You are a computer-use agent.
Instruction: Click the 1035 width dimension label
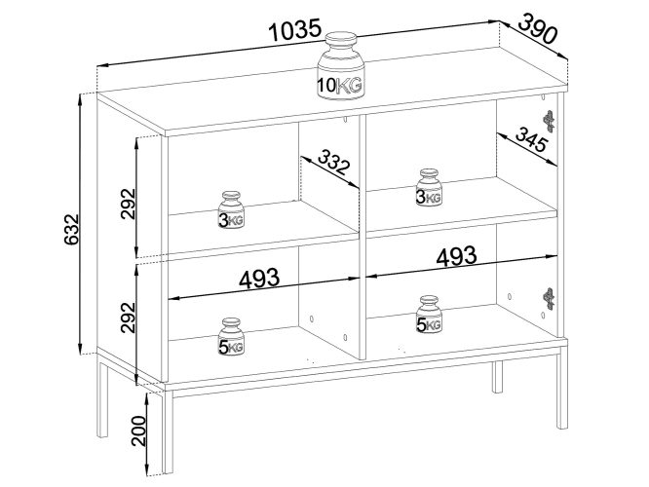pyautogui.click(x=294, y=30)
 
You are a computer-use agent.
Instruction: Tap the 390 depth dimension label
pyautogui.click(x=537, y=28)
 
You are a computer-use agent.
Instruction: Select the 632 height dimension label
pyautogui.click(x=71, y=230)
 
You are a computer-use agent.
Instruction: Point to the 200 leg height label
pyautogui.click(x=138, y=431)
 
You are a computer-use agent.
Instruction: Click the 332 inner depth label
pyautogui.click(x=333, y=162)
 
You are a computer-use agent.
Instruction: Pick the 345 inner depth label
pyautogui.click(x=531, y=139)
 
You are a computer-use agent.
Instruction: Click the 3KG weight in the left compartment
pyautogui.click(x=231, y=209)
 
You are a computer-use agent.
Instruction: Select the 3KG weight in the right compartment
pyautogui.click(x=429, y=187)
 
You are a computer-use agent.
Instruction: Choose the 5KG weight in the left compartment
pyautogui.click(x=231, y=336)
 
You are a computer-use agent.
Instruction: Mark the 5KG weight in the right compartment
pyautogui.click(x=429, y=314)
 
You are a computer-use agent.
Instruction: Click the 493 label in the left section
pyautogui.click(x=259, y=279)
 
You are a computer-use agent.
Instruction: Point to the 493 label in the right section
pyautogui.click(x=456, y=256)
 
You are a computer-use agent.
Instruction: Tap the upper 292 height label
pyautogui.click(x=129, y=204)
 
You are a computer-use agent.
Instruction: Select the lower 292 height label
pyautogui.click(x=129, y=318)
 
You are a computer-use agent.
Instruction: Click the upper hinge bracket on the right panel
pyautogui.click(x=549, y=121)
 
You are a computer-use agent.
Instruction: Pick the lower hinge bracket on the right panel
pyautogui.click(x=549, y=298)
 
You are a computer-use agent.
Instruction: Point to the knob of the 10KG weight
pyautogui.click(x=341, y=41)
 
